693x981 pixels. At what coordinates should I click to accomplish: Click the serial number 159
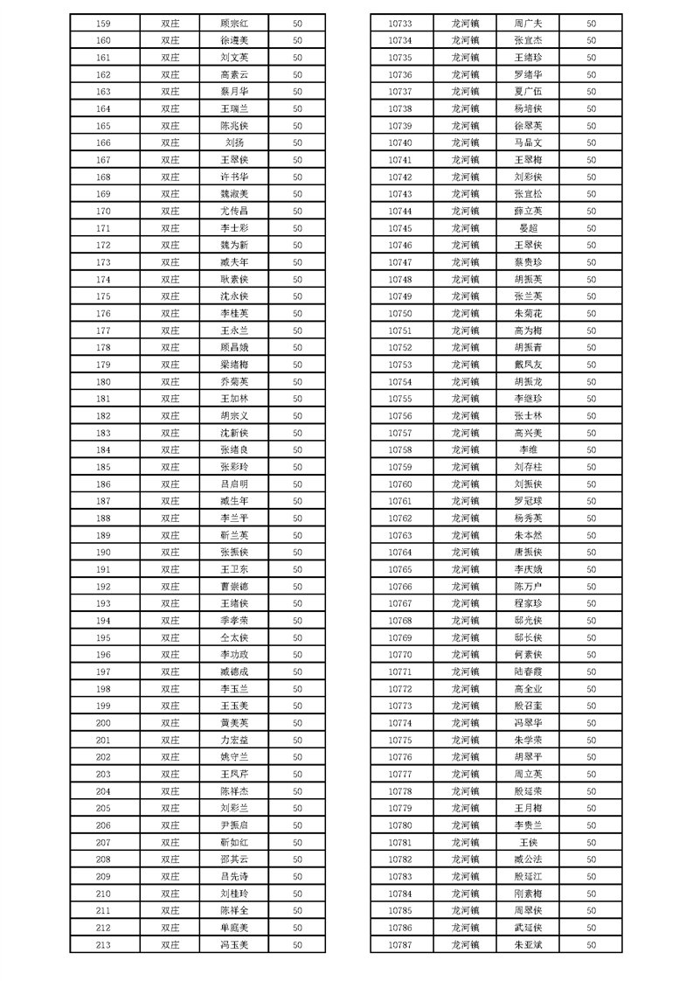click(103, 23)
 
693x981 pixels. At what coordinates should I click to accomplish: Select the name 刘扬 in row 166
click(234, 143)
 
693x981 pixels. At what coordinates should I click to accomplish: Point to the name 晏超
click(529, 228)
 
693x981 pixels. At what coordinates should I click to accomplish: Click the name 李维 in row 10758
click(529, 450)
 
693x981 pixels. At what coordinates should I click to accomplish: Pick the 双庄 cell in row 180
click(170, 382)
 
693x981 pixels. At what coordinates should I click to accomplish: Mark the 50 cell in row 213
click(297, 945)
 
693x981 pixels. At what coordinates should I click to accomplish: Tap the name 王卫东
click(234, 569)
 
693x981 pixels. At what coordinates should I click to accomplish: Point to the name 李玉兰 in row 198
click(234, 689)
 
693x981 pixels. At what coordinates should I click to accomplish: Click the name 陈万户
click(529, 587)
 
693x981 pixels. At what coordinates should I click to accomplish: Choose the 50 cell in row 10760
click(592, 484)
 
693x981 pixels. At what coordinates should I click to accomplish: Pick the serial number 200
click(103, 723)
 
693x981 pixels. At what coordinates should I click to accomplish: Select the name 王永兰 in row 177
click(234, 330)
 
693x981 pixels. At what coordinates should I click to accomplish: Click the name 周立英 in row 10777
click(529, 775)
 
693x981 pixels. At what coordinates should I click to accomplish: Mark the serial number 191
click(103, 569)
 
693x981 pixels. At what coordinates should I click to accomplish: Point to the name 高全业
click(529, 689)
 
